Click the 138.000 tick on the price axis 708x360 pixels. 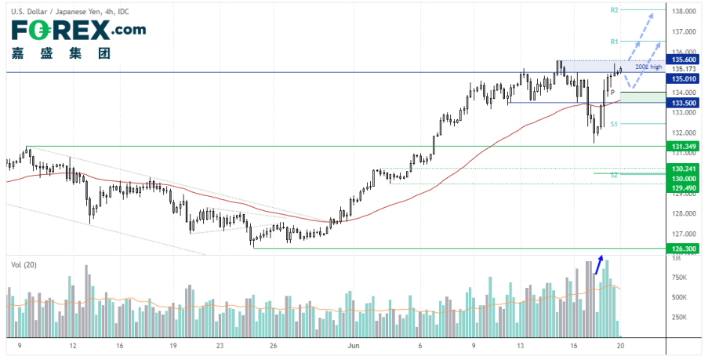pyautogui.click(x=684, y=12)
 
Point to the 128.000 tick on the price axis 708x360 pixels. pyautogui.click(x=684, y=213)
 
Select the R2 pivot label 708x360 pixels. pyautogui.click(x=615, y=10)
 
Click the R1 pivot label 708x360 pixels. pyautogui.click(x=615, y=41)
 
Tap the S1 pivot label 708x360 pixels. pyautogui.click(x=615, y=124)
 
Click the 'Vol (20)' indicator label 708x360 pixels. pyautogui.click(x=24, y=264)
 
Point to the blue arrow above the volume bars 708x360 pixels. pyautogui.click(x=598, y=264)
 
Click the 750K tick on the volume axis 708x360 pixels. pyautogui.click(x=678, y=277)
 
